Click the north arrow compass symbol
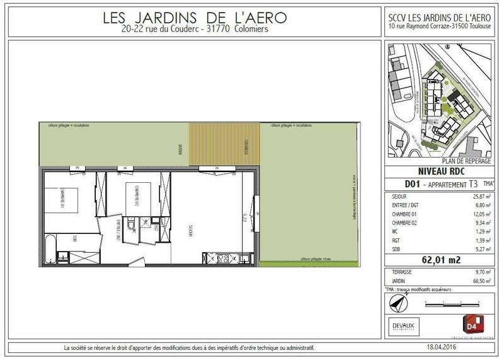[x=396, y=303]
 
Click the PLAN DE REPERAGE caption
[x=467, y=161]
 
